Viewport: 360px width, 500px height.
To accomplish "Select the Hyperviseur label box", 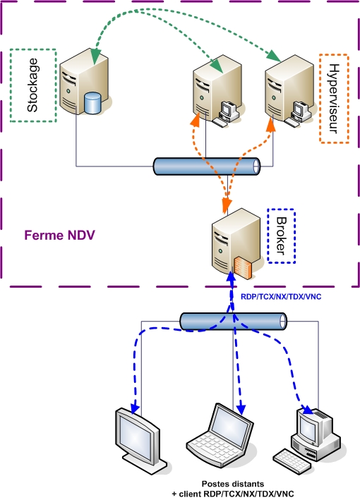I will coord(335,97).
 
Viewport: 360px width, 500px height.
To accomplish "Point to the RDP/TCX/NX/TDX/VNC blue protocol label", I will coord(281,297).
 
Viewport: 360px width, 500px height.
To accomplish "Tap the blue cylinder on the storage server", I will coord(92,103).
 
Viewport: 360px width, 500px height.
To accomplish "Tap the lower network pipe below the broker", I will coord(233,322).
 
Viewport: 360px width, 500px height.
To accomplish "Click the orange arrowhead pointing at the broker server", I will coord(226,205).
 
